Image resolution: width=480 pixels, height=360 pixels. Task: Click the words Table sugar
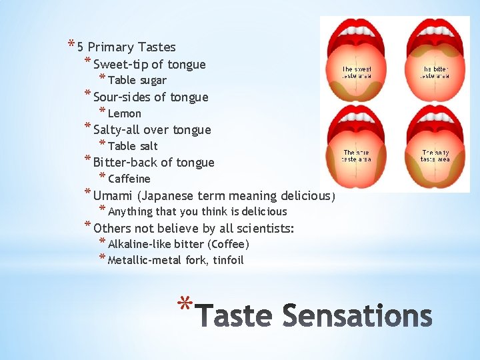[137, 81]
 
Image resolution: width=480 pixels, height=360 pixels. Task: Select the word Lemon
[124, 113]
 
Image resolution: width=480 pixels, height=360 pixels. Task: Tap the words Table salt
[133, 146]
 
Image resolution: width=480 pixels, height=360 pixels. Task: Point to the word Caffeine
[129, 179]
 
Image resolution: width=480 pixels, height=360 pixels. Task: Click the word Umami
[113, 196]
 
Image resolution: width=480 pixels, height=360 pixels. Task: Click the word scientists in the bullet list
[262, 229]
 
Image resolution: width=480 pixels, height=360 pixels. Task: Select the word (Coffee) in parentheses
[228, 244]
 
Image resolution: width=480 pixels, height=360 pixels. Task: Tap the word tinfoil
[229, 260]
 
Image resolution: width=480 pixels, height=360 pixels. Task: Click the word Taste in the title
[235, 315]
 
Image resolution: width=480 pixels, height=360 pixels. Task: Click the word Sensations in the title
[357, 315]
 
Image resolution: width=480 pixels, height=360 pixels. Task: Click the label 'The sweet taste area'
[357, 72]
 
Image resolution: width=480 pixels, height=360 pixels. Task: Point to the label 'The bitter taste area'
[435, 72]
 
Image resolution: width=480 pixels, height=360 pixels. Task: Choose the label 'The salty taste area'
[435, 156]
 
